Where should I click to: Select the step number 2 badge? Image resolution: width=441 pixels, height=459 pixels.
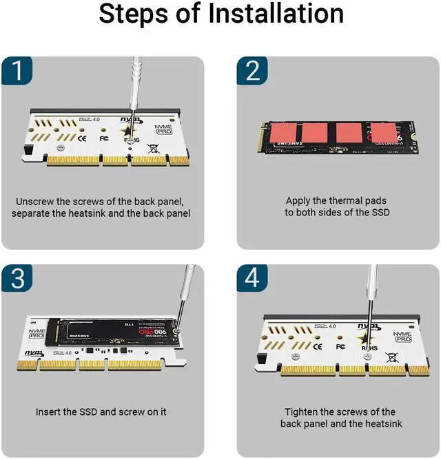[252, 72]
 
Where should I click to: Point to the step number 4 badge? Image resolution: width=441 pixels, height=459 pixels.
[252, 279]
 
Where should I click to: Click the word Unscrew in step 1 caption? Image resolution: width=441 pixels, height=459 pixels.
[35, 202]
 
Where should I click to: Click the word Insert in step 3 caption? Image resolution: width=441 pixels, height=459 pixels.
[49, 412]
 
